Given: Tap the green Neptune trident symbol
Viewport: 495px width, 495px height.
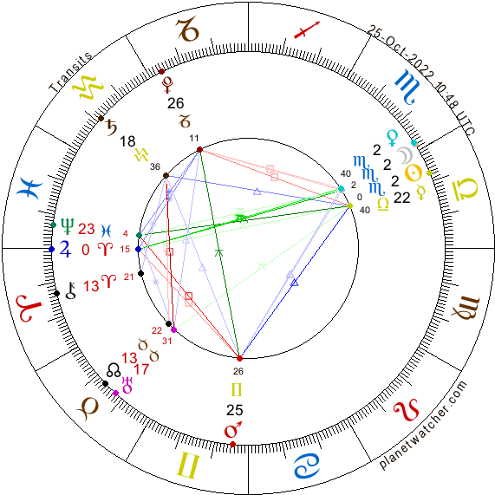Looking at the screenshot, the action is (x=68, y=226).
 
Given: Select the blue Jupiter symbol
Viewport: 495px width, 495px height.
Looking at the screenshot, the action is (x=65, y=249).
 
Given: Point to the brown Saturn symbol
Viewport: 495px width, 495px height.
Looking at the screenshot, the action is (x=112, y=127).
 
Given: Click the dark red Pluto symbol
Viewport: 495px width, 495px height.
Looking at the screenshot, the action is (x=167, y=85).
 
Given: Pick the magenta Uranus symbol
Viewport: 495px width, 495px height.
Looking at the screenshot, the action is (x=127, y=385).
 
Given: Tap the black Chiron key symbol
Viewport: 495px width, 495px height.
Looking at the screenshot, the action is (x=71, y=290).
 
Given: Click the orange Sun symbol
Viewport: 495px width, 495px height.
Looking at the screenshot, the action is (x=414, y=173).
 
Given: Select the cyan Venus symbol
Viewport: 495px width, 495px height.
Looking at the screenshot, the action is (x=393, y=138).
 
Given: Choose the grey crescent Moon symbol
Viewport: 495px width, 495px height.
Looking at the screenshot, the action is (x=405, y=156).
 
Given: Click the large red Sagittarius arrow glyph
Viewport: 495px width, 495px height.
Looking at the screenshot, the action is (x=307, y=30).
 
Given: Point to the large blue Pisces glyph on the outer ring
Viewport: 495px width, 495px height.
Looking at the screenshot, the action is (x=31, y=188).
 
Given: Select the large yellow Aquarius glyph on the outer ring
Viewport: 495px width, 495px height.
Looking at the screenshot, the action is (x=88, y=88).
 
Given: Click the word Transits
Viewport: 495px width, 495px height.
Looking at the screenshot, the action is (x=70, y=73).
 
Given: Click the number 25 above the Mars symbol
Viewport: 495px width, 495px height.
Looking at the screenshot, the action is (x=235, y=410).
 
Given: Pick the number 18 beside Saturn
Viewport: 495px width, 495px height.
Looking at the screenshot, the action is (x=127, y=141).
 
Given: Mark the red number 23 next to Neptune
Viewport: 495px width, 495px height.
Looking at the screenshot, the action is (x=87, y=229).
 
